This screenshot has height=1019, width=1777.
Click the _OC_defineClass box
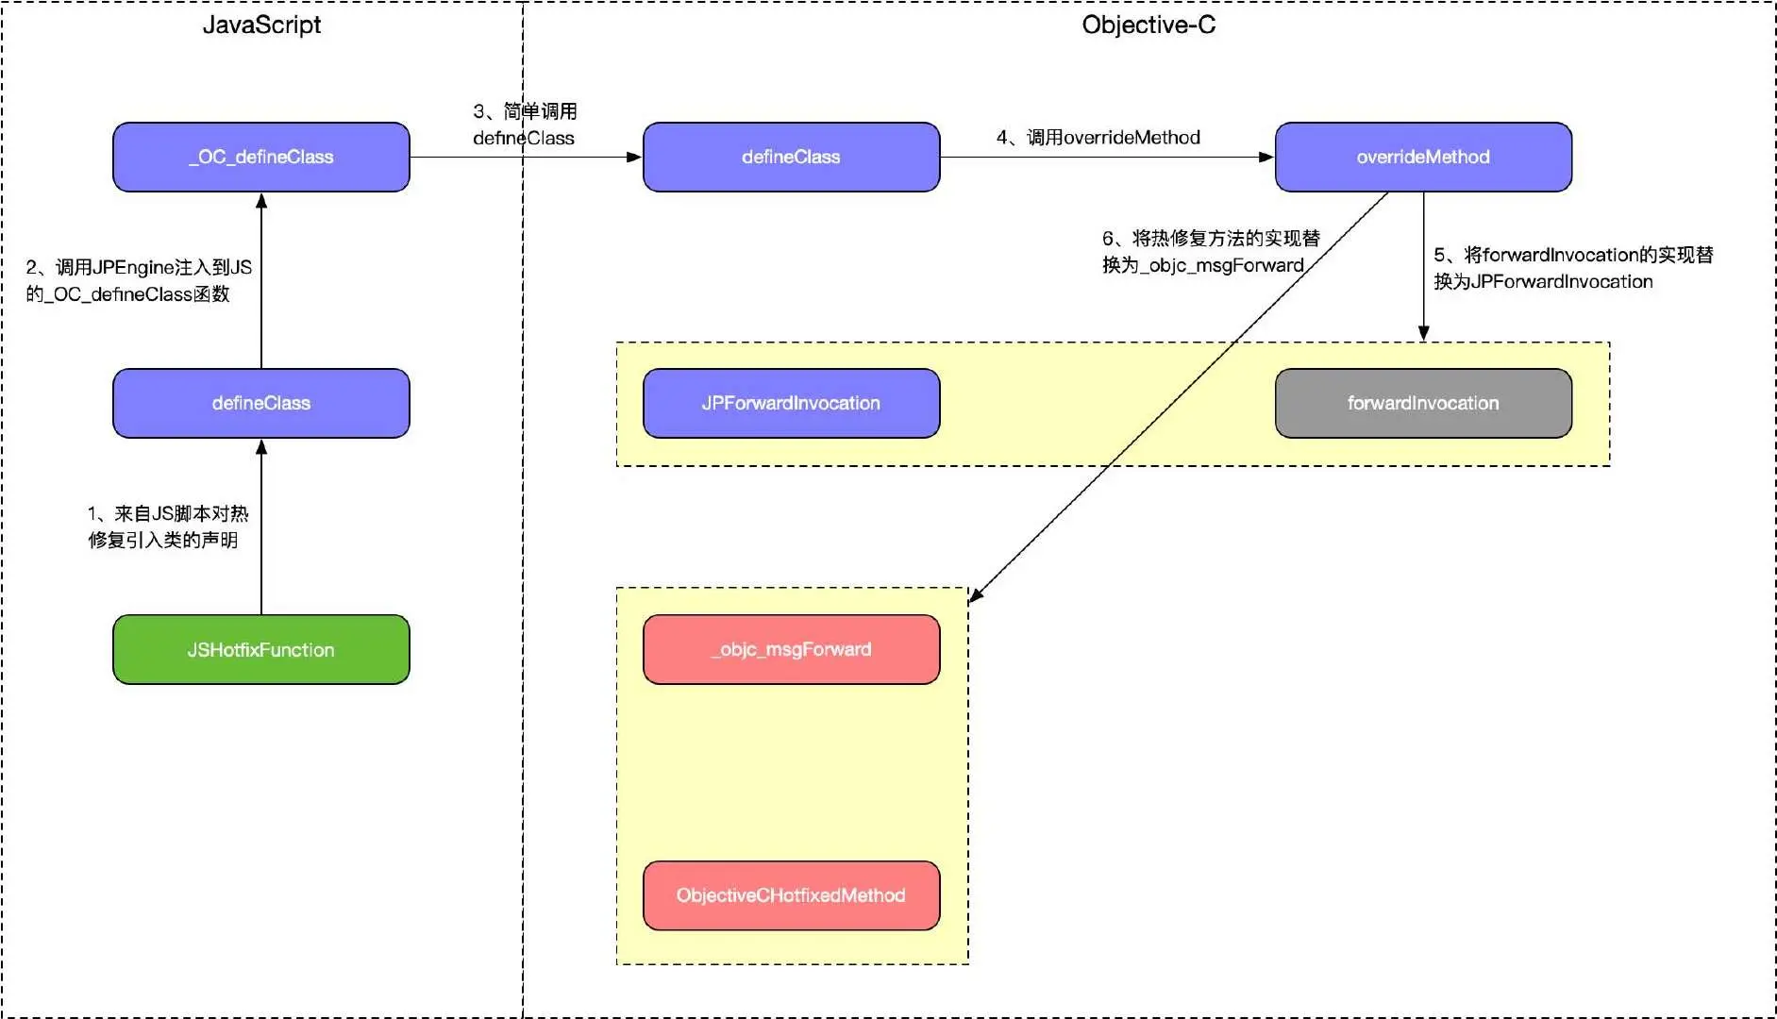pyautogui.click(x=261, y=157)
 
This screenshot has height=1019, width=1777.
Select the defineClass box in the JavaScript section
pyautogui.click(x=261, y=403)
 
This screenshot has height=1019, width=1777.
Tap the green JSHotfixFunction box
pyautogui.click(x=261, y=649)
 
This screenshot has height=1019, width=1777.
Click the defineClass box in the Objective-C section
pyautogui.click(x=791, y=157)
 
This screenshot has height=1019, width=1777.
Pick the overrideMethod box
pyautogui.click(x=1423, y=157)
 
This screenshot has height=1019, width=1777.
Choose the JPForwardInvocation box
pyautogui.click(x=791, y=403)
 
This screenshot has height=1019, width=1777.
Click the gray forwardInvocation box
pyautogui.click(x=1423, y=403)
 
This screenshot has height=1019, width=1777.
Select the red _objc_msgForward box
pyautogui.click(x=791, y=649)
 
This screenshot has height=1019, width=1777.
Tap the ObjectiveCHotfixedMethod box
pyautogui.click(x=791, y=895)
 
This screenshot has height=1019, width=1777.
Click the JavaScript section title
pyautogui.click(x=261, y=25)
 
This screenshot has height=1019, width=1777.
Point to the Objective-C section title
pyautogui.click(x=1148, y=25)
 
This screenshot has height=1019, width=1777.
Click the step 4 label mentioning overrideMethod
pyautogui.click(x=1098, y=138)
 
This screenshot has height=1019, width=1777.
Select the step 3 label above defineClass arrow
pyautogui.click(x=525, y=125)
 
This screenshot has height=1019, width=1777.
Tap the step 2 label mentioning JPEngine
pyautogui.click(x=139, y=280)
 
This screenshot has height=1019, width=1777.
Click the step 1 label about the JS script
pyautogui.click(x=167, y=526)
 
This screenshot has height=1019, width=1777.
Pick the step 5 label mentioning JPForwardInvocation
pyautogui.click(x=1573, y=268)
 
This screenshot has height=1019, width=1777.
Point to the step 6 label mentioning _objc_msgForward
pyautogui.click(x=1211, y=251)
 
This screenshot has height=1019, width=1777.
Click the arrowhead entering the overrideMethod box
pyautogui.click(x=1266, y=157)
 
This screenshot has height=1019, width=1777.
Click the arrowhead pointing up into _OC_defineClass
pyautogui.click(x=261, y=200)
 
